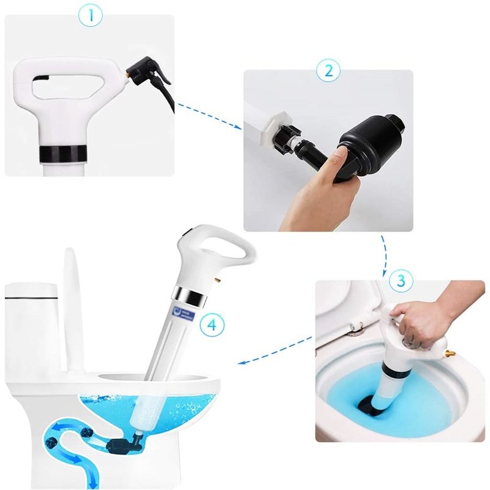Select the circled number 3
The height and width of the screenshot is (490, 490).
(401, 281)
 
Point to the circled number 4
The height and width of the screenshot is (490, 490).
(211, 325)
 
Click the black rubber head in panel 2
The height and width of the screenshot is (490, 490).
(367, 144)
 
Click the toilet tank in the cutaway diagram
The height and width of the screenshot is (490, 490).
(31, 325)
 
